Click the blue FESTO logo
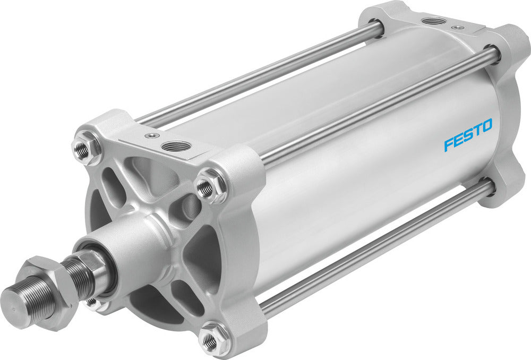[x=468, y=135]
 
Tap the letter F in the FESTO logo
[x=449, y=144]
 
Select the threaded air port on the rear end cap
[x=435, y=21]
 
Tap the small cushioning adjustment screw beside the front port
[x=153, y=136]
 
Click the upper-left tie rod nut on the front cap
[x=83, y=150]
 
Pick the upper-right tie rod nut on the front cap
[x=206, y=187]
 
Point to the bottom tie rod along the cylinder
[x=372, y=250]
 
